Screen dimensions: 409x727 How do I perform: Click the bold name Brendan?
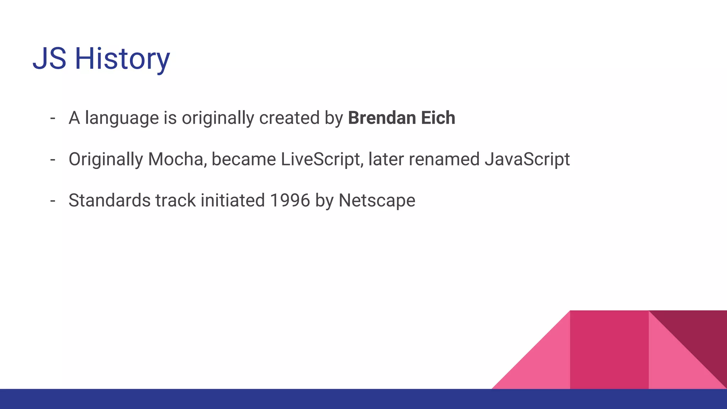pos(382,118)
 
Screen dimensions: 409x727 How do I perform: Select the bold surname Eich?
pos(438,118)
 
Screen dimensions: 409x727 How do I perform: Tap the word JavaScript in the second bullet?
pos(527,159)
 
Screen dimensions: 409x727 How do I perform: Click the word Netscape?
pos(377,201)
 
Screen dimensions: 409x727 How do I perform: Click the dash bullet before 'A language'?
pos(53,118)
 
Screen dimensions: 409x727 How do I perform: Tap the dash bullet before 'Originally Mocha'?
pos(53,160)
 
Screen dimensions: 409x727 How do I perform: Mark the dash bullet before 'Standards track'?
pos(53,201)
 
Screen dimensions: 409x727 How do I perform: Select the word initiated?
pos(233,201)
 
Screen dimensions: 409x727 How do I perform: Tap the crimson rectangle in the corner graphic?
pos(609,350)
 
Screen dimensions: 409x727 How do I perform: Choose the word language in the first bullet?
pos(122,119)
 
